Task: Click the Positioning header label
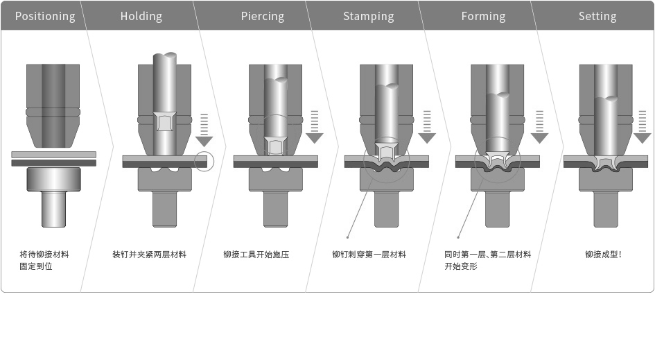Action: coord(45,16)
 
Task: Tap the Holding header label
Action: coord(141,16)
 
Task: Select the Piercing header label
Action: coord(263,16)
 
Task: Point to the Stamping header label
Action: coord(369,16)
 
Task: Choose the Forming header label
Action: coord(483,16)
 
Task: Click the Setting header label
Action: coord(597,16)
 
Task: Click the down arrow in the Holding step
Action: coord(204,129)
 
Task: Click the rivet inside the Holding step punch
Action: coord(164,122)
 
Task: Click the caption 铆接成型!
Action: coord(603,255)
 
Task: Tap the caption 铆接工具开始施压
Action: coord(256,255)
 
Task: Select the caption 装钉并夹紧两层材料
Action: coord(150,255)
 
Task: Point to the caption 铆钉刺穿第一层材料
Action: coord(369,255)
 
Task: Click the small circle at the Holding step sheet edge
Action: coord(204,161)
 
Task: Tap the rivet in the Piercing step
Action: coord(275,146)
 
